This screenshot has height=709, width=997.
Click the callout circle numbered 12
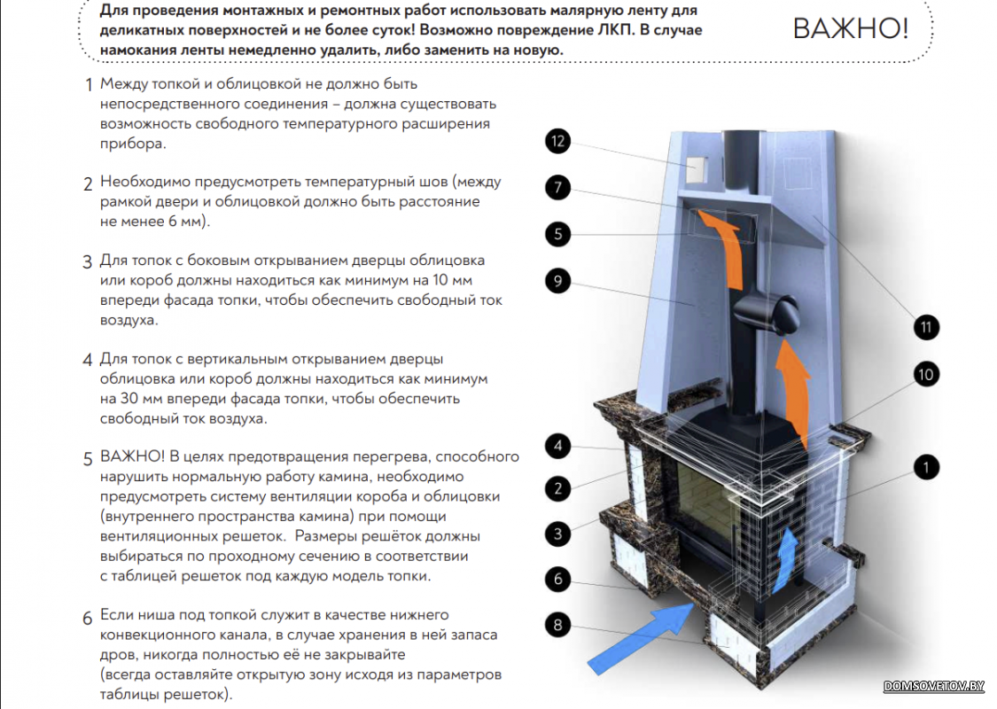pyautogui.click(x=557, y=141)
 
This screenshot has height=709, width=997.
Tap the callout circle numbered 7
pyautogui.click(x=557, y=188)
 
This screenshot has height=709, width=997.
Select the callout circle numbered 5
pyautogui.click(x=557, y=234)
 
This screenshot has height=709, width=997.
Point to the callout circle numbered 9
pyautogui.click(x=557, y=281)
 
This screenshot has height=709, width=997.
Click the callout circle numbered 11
pyautogui.click(x=926, y=328)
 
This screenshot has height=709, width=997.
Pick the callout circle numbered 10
pyautogui.click(x=926, y=375)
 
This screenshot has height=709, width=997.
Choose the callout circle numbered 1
pyautogui.click(x=926, y=468)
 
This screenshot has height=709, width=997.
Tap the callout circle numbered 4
pyautogui.click(x=557, y=446)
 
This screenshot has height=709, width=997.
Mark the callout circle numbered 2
pyautogui.click(x=557, y=488)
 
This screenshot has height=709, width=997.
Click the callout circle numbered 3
pyautogui.click(x=557, y=534)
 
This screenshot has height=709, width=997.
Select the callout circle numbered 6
pyautogui.click(x=557, y=580)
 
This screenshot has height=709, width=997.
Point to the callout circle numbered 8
pyautogui.click(x=557, y=625)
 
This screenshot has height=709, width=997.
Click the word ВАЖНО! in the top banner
pyautogui.click(x=851, y=28)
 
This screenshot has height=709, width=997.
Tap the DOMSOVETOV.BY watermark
pyautogui.click(x=934, y=686)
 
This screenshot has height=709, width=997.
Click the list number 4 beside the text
pyautogui.click(x=87, y=360)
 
